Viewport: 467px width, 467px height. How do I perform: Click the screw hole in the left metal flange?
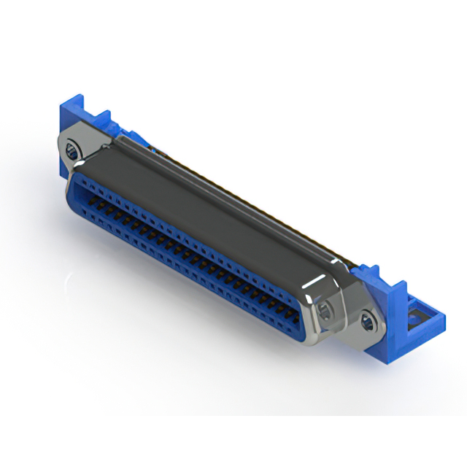pyautogui.click(x=72, y=152)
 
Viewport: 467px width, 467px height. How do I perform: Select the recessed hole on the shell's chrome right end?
pyautogui.click(x=325, y=310)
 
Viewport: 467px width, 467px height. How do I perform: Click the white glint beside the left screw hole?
pyautogui.click(x=64, y=142)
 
